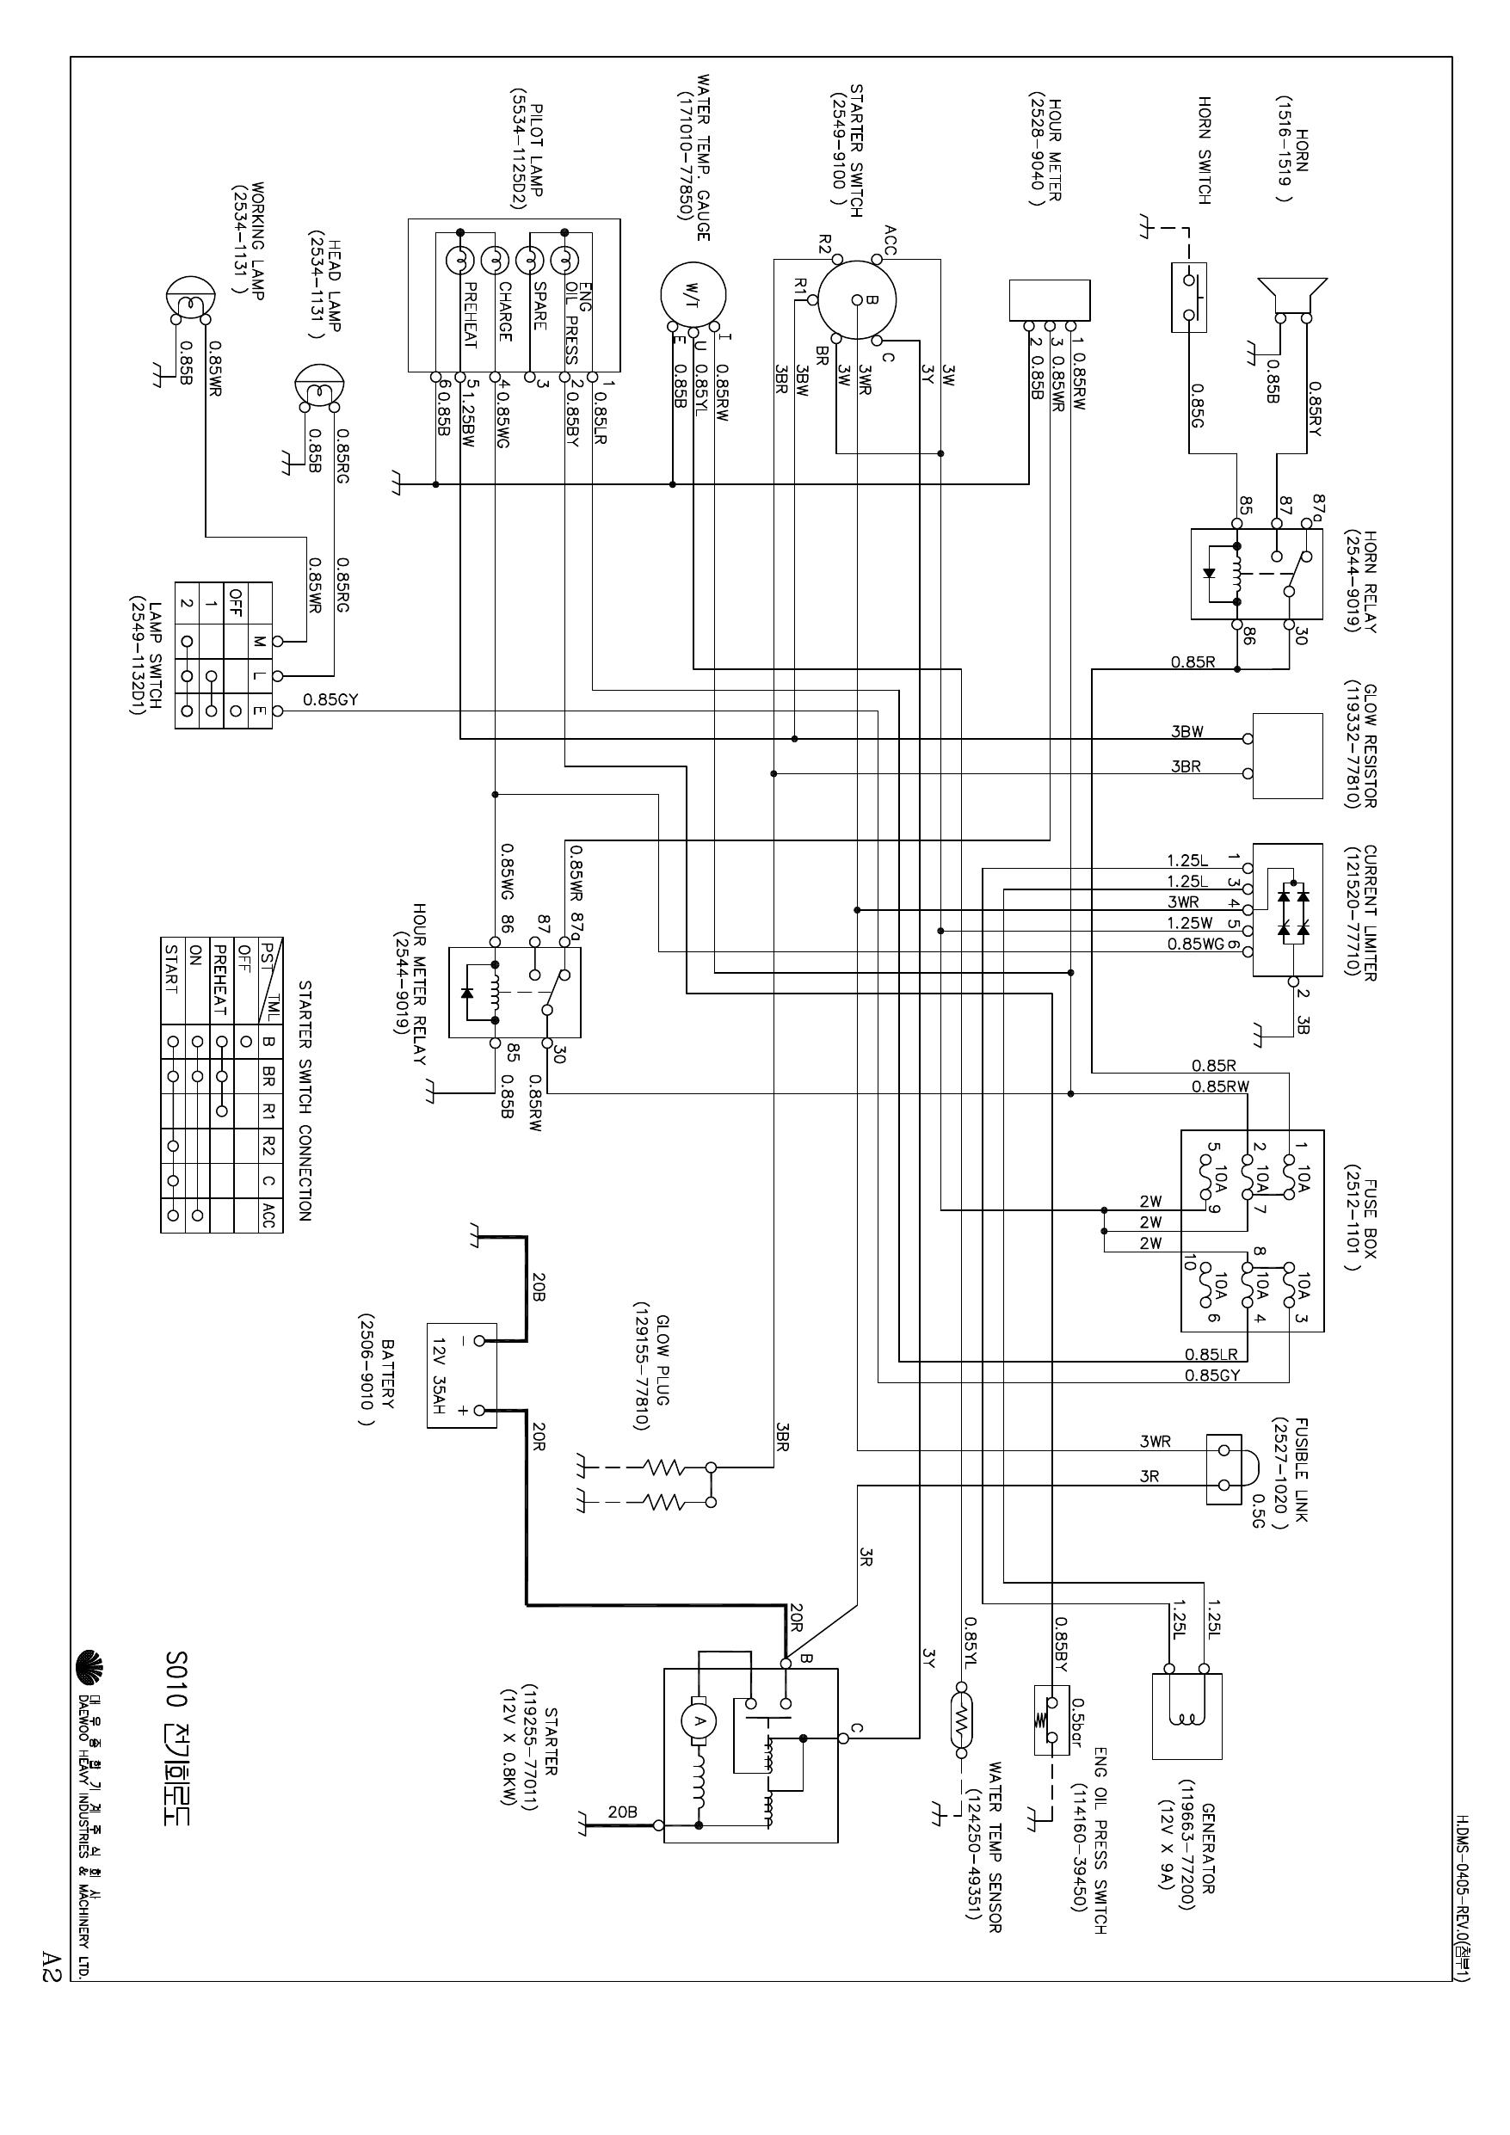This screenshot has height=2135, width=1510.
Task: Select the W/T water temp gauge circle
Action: point(691,294)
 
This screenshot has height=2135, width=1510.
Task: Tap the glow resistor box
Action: point(1288,755)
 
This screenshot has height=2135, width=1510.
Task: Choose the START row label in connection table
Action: point(171,969)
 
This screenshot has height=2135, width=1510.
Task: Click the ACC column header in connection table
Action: point(268,1215)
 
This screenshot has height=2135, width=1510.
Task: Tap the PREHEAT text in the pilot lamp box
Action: point(470,314)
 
